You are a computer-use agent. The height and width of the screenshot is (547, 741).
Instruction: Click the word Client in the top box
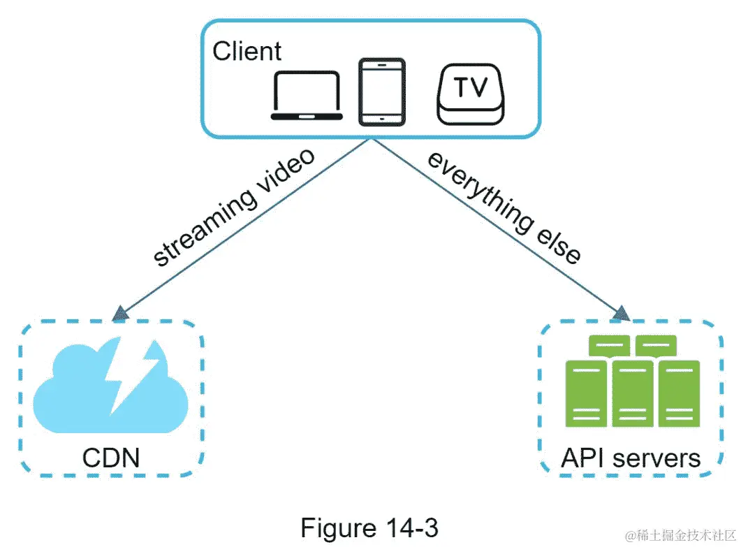click(247, 51)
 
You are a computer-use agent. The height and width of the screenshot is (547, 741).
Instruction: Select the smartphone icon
click(381, 92)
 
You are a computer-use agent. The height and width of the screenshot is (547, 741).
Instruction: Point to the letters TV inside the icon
click(470, 87)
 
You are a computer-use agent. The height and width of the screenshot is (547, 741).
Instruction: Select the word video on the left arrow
click(284, 170)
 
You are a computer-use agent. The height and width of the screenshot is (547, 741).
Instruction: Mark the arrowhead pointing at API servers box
click(619, 314)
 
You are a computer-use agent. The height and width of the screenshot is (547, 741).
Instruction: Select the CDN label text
click(111, 458)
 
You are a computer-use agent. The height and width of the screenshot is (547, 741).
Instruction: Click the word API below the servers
click(585, 458)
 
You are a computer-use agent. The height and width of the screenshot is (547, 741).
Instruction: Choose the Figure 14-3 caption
click(369, 527)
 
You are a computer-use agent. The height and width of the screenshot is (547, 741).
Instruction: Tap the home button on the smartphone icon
click(381, 120)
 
